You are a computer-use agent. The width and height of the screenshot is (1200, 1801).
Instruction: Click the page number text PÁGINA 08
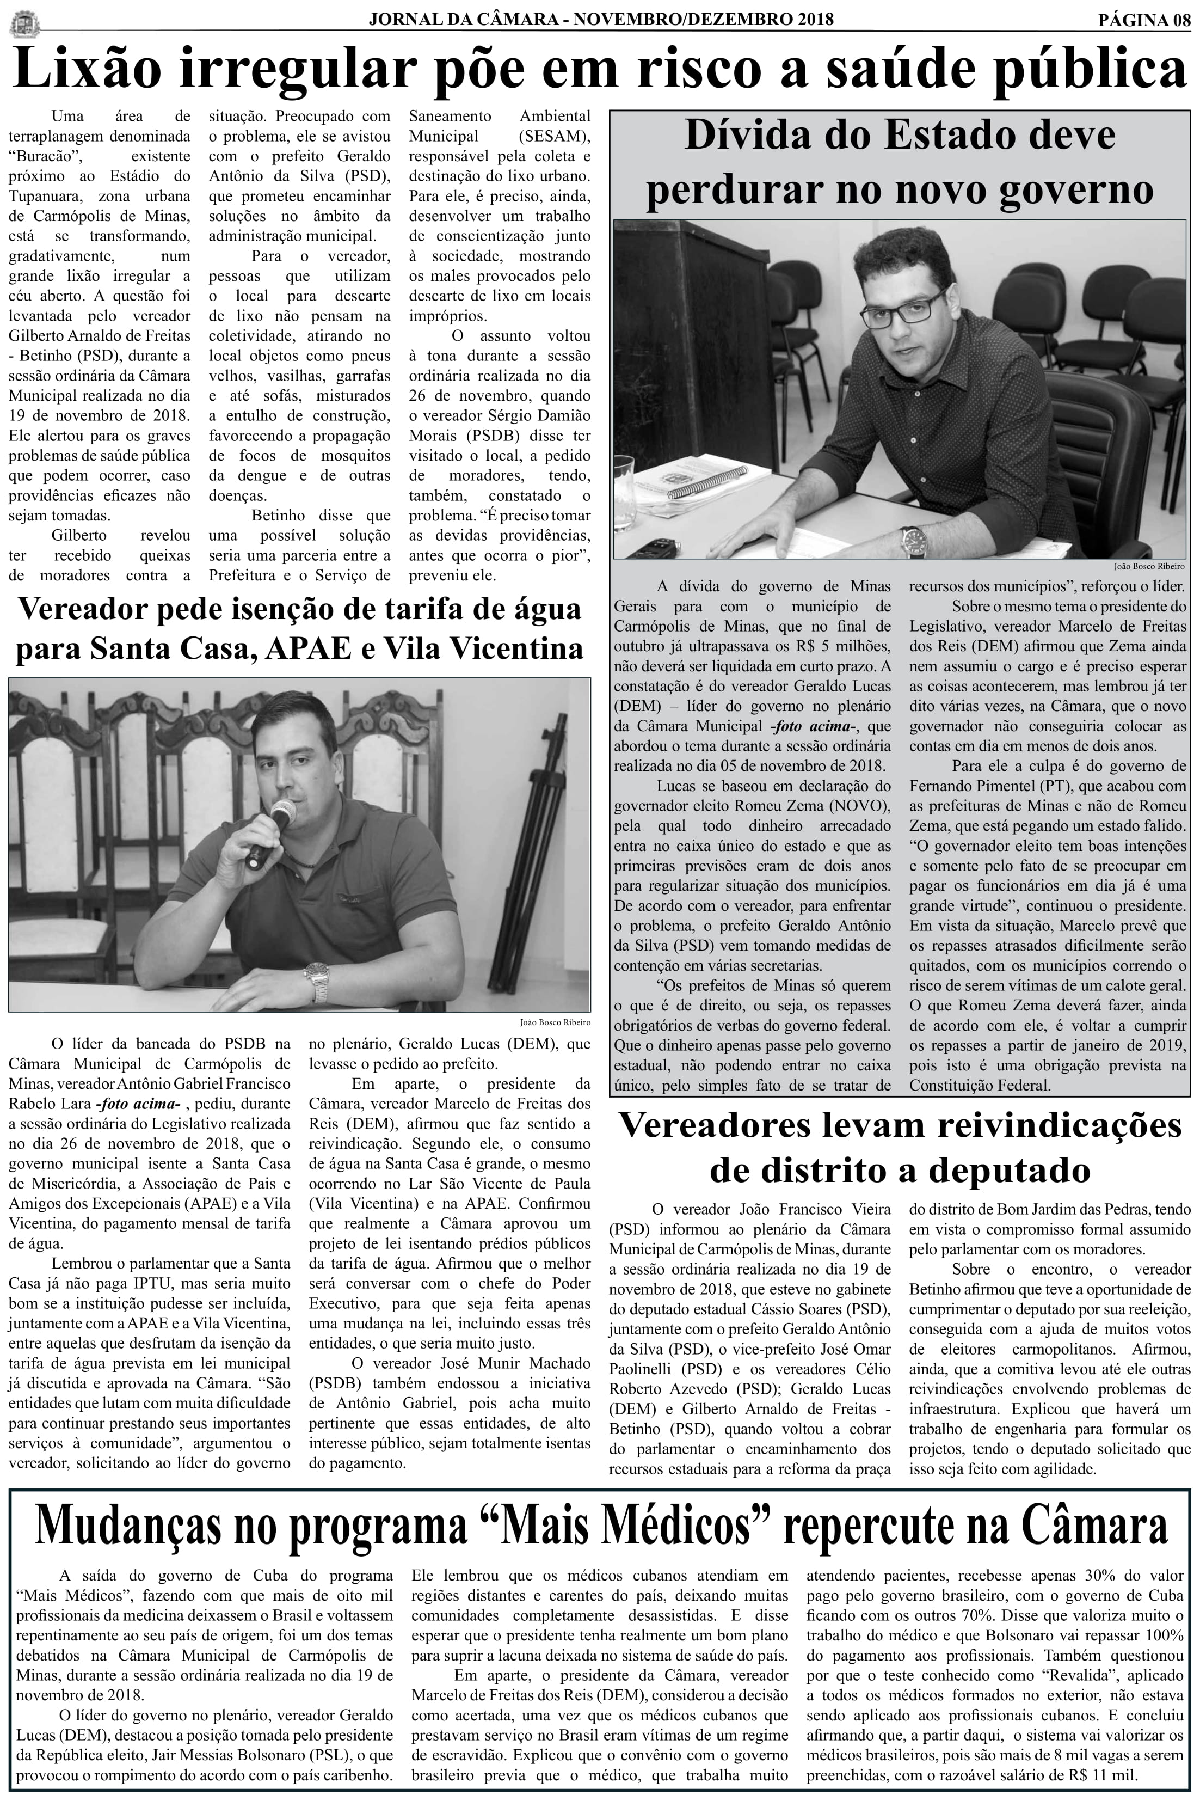tap(1143, 21)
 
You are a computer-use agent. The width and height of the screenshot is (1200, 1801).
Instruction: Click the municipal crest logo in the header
tap(24, 23)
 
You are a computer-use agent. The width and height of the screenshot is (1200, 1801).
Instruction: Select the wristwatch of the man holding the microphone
tap(317, 981)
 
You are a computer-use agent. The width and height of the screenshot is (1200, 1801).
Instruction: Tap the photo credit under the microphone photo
tap(555, 1022)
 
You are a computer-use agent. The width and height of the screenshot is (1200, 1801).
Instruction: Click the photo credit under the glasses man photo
tap(1149, 566)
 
